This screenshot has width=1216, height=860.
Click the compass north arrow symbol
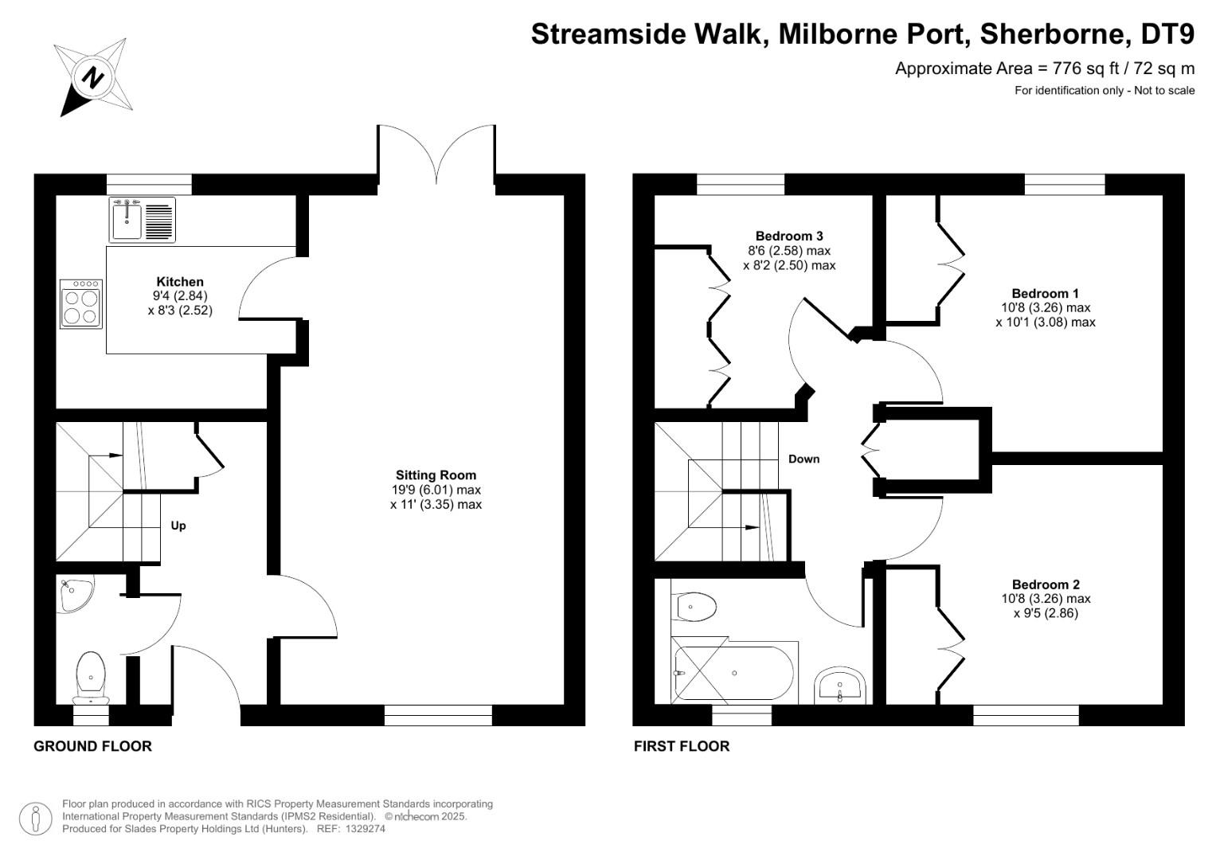[94, 77]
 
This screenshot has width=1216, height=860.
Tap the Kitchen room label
[180, 282]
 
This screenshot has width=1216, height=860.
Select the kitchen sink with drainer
[142, 220]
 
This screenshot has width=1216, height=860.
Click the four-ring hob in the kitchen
[81, 304]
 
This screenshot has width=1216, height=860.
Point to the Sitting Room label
[436, 475]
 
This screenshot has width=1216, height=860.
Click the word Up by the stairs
[178, 526]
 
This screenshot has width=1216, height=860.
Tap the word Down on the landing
[803, 459]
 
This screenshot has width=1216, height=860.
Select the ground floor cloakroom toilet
[91, 675]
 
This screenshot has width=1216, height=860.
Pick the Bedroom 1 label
[1045, 293]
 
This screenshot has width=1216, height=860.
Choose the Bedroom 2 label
[1046, 584]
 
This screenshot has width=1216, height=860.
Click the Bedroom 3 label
[788, 236]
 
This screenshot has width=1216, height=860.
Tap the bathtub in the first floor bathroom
[733, 674]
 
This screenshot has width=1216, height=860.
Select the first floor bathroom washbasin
[840, 686]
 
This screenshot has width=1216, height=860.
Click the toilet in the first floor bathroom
[694, 607]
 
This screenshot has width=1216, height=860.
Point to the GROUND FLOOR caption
[92, 746]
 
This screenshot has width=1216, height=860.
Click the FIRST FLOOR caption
[682, 746]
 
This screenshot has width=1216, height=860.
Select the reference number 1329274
[362, 829]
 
